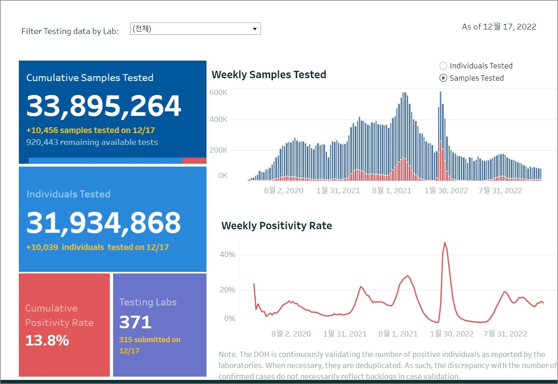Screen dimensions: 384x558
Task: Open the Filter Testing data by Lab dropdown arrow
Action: coord(254,29)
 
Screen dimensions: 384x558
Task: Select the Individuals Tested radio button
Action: coord(443,66)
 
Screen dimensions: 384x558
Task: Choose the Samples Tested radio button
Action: coord(443,78)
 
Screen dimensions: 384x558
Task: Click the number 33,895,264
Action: coord(104,106)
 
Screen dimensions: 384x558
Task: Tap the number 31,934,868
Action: coord(103,223)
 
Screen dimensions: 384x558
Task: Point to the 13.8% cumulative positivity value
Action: coord(47,341)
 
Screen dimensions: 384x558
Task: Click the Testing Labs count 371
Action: coord(135,323)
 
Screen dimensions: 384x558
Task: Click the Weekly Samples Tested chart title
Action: coord(269,75)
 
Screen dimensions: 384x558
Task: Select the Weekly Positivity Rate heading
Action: coord(277,226)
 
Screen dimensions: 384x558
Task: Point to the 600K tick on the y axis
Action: coord(218,93)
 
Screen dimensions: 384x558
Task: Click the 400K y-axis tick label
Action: coord(218,120)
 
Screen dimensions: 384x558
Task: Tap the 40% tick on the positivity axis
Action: coord(227,255)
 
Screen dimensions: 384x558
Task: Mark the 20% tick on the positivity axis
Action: coord(227,290)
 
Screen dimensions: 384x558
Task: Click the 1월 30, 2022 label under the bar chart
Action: coord(446,191)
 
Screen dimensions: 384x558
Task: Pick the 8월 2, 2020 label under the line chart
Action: coord(291,334)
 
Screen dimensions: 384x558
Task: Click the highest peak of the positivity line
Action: coord(445,243)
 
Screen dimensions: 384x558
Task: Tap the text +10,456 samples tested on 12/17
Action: coord(91,131)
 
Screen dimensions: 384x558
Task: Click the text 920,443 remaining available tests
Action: coord(92,142)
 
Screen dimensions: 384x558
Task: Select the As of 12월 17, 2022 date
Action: coord(499,27)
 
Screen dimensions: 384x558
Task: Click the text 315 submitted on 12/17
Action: coord(150,345)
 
